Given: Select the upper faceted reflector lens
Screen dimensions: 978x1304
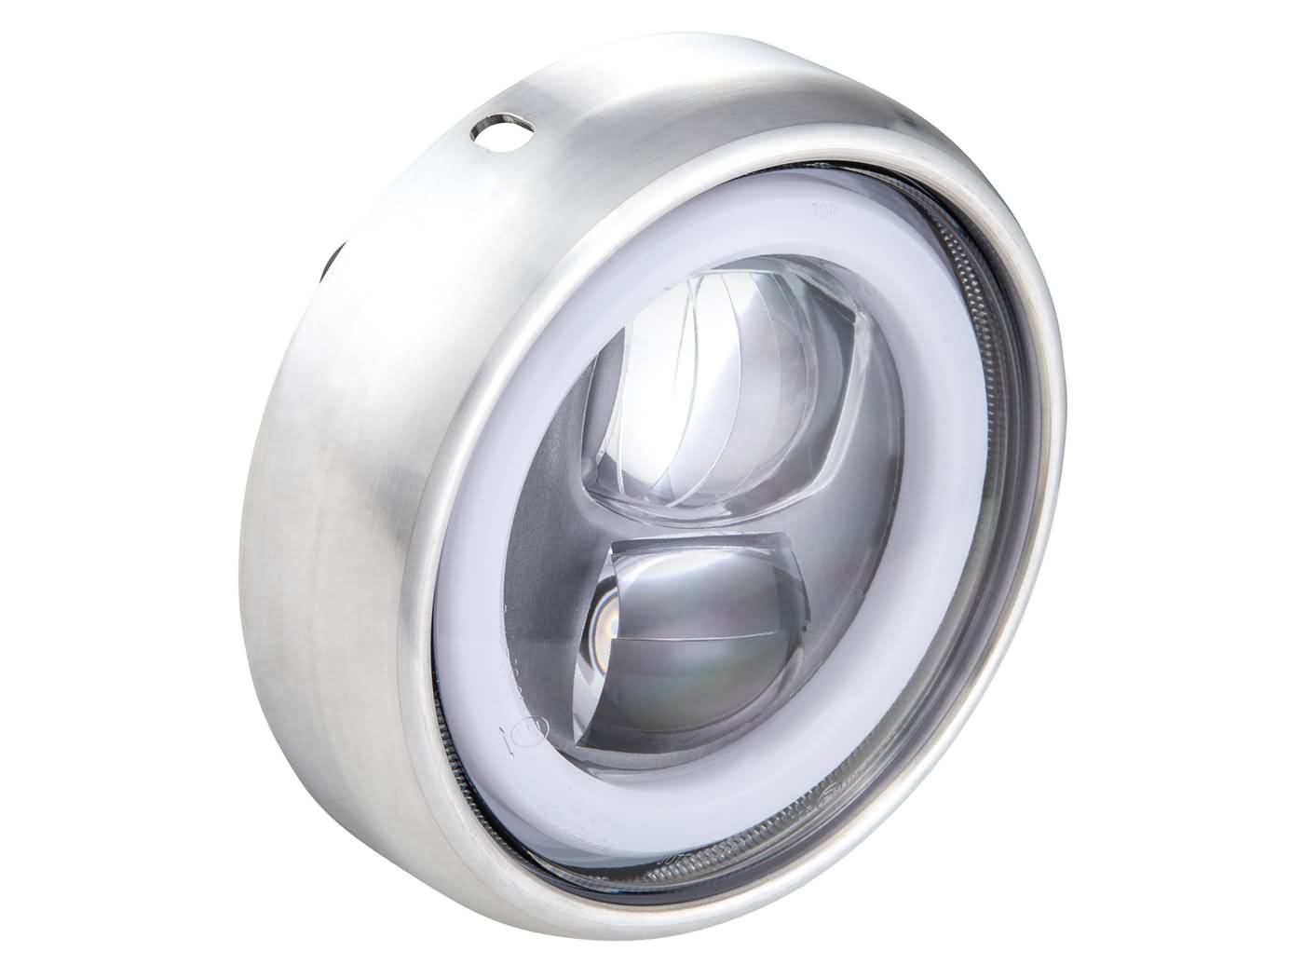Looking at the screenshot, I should click(x=727, y=401).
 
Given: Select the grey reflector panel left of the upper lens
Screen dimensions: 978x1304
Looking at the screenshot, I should click(x=554, y=484).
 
